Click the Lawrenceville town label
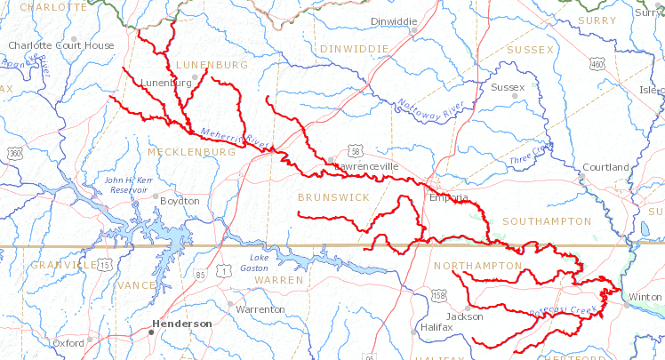point(367,166)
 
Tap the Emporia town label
point(448,197)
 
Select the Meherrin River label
point(236,136)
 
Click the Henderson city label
point(181,324)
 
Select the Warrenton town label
point(260,309)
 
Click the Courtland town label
point(605,167)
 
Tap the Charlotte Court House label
point(61,45)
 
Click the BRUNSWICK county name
point(333,197)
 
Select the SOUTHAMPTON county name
point(546,220)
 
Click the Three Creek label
point(532,153)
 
